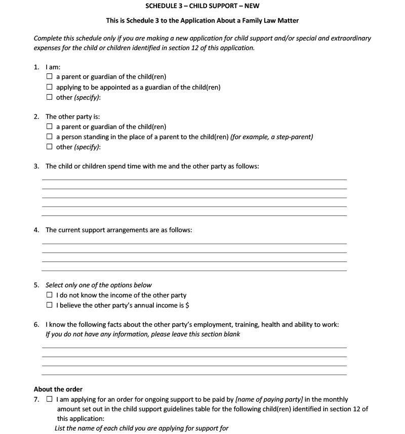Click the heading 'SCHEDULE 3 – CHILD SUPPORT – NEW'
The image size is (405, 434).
coord(202,6)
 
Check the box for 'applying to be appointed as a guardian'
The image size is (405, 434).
coord(49,87)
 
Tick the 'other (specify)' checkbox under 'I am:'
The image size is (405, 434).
coord(49,97)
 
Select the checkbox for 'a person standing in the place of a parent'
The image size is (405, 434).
coord(49,137)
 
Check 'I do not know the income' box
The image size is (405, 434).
coord(49,295)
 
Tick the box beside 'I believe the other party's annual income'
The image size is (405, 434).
coord(49,306)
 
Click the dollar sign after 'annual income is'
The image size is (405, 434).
coord(187,306)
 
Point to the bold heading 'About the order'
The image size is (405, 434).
coord(58,389)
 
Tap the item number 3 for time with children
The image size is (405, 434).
coord(36,166)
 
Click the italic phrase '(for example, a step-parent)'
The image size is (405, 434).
coord(271,137)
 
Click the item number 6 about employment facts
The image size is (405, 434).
coord(36,325)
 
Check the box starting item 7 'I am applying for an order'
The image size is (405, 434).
coord(49,400)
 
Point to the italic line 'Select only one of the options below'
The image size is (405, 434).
coord(98,285)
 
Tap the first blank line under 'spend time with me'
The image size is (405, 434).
coord(194,179)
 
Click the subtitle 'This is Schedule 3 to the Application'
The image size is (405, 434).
coord(202,21)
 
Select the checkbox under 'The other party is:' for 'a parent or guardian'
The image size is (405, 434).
coord(49,127)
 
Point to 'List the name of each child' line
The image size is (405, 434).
coord(141,428)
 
